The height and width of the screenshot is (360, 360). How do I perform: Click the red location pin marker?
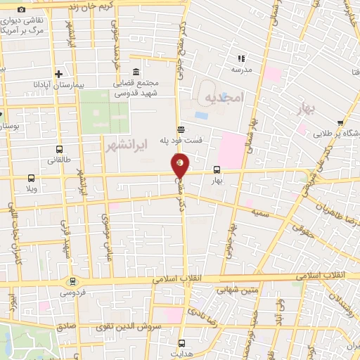(180, 166)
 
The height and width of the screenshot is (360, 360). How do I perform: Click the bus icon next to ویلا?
(31, 178)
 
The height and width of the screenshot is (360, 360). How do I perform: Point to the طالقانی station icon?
(59, 149)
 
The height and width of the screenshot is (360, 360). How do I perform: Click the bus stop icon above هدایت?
(181, 343)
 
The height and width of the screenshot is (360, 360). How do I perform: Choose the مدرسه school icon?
(240, 58)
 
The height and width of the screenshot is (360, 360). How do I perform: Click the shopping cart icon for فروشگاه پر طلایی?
(340, 122)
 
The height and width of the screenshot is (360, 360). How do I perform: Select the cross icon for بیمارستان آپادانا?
(59, 74)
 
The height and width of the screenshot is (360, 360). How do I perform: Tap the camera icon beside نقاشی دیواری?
(22, 10)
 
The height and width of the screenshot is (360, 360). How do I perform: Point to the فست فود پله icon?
(181, 129)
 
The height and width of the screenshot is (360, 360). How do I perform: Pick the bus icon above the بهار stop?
(216, 169)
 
